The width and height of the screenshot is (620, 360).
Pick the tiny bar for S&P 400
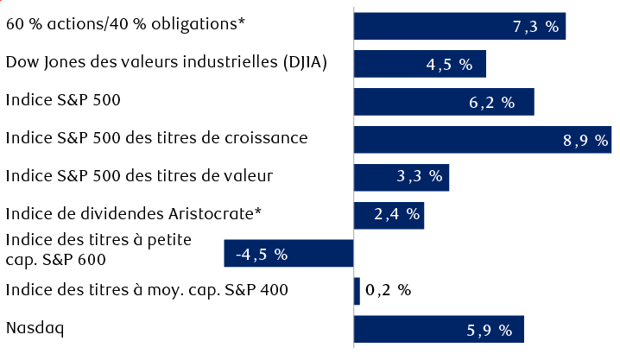(357, 291)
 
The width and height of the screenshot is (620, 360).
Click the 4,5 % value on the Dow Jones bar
(450, 65)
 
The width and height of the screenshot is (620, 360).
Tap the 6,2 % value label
(491, 102)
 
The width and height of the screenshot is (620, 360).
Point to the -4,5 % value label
(261, 255)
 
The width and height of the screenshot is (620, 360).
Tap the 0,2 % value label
(389, 291)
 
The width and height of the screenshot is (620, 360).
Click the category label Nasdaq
(35, 328)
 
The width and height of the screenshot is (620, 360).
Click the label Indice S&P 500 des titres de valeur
(139, 176)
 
